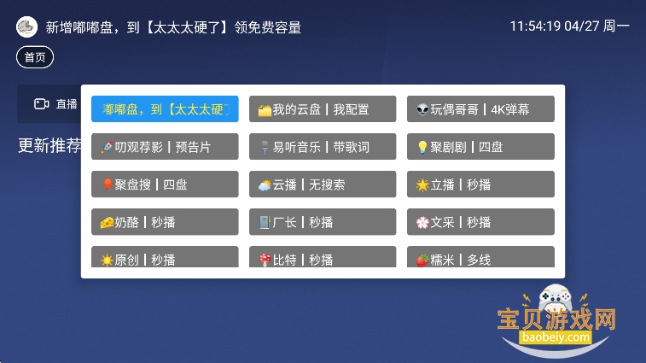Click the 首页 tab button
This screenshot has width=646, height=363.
tap(35, 57)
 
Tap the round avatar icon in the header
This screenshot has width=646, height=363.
tap(26, 27)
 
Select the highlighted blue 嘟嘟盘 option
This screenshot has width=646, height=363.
tap(165, 109)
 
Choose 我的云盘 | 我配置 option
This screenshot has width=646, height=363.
tap(323, 109)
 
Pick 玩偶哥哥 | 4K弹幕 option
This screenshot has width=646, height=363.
tap(480, 109)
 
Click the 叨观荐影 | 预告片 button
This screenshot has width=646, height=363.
tap(165, 147)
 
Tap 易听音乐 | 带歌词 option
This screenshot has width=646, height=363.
tap(323, 147)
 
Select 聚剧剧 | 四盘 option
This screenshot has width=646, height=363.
tap(480, 147)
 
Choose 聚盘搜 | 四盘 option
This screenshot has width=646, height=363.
tap(165, 184)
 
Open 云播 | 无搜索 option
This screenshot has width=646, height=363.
tap(323, 184)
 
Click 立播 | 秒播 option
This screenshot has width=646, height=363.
tap(480, 184)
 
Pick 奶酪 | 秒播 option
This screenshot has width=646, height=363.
tap(165, 222)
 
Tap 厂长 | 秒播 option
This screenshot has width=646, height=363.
tap(323, 222)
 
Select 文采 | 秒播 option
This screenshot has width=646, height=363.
tap(480, 222)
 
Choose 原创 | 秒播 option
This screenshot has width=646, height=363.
tap(165, 257)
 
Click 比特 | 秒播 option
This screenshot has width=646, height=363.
tap(323, 257)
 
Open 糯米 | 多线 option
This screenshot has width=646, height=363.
tap(480, 257)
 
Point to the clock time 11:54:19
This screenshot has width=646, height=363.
tap(535, 26)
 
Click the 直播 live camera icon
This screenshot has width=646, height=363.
tap(41, 104)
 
